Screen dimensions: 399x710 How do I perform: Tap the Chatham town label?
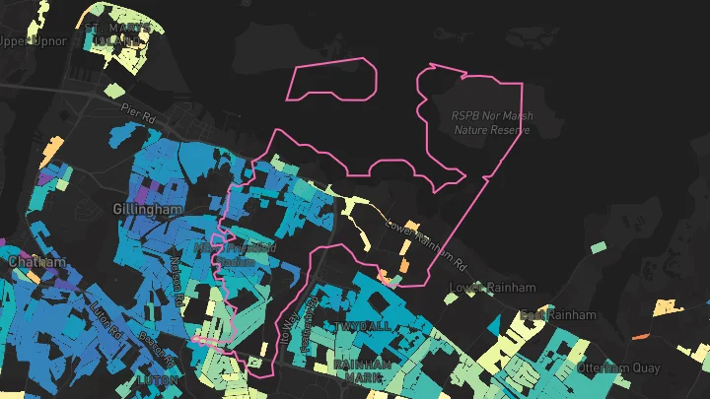pyautogui.click(x=36, y=263)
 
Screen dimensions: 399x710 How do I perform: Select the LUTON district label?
pyautogui.click(x=158, y=379)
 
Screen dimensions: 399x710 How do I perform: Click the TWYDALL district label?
pyautogui.click(x=362, y=326)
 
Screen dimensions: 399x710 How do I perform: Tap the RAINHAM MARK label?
pyautogui.click(x=362, y=371)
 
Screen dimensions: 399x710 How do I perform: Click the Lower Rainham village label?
pyautogui.click(x=492, y=288)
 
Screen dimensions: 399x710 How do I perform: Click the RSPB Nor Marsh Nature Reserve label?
pyautogui.click(x=492, y=122)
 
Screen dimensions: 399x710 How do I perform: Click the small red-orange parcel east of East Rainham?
pyautogui.click(x=639, y=336)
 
